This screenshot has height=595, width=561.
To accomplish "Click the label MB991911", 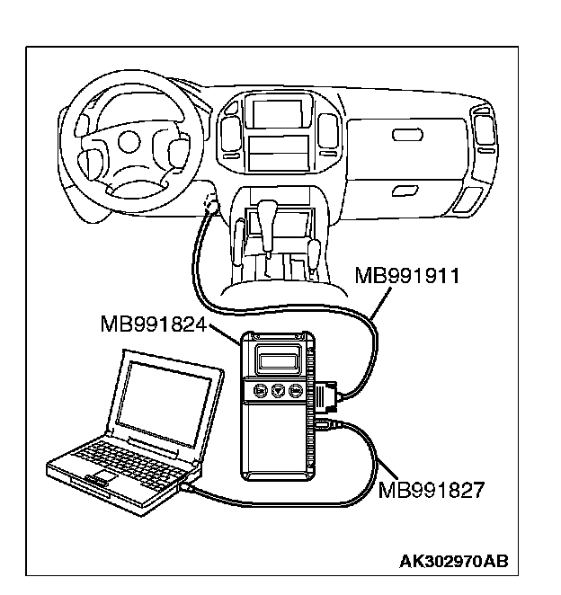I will [x=407, y=275].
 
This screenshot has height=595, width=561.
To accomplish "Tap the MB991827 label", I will [x=431, y=490].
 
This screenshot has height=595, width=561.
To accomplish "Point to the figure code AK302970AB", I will [x=453, y=562].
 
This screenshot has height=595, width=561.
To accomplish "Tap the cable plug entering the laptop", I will [x=187, y=486].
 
